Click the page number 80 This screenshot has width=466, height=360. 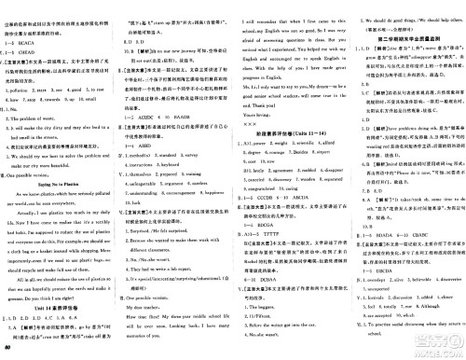7,352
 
